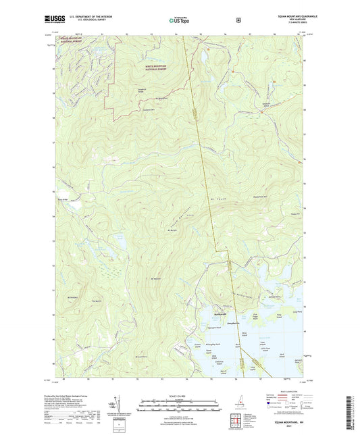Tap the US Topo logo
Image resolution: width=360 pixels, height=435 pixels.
point(179,20)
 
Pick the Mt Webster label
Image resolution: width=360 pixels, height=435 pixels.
point(155,278)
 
